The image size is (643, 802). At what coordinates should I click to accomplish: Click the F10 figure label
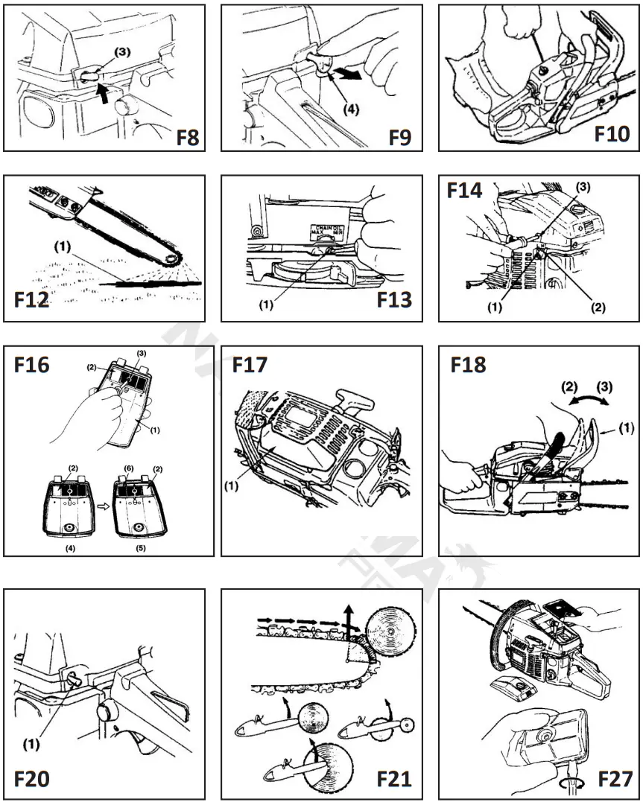[611, 135]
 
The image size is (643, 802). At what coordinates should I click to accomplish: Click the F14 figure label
[465, 191]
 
